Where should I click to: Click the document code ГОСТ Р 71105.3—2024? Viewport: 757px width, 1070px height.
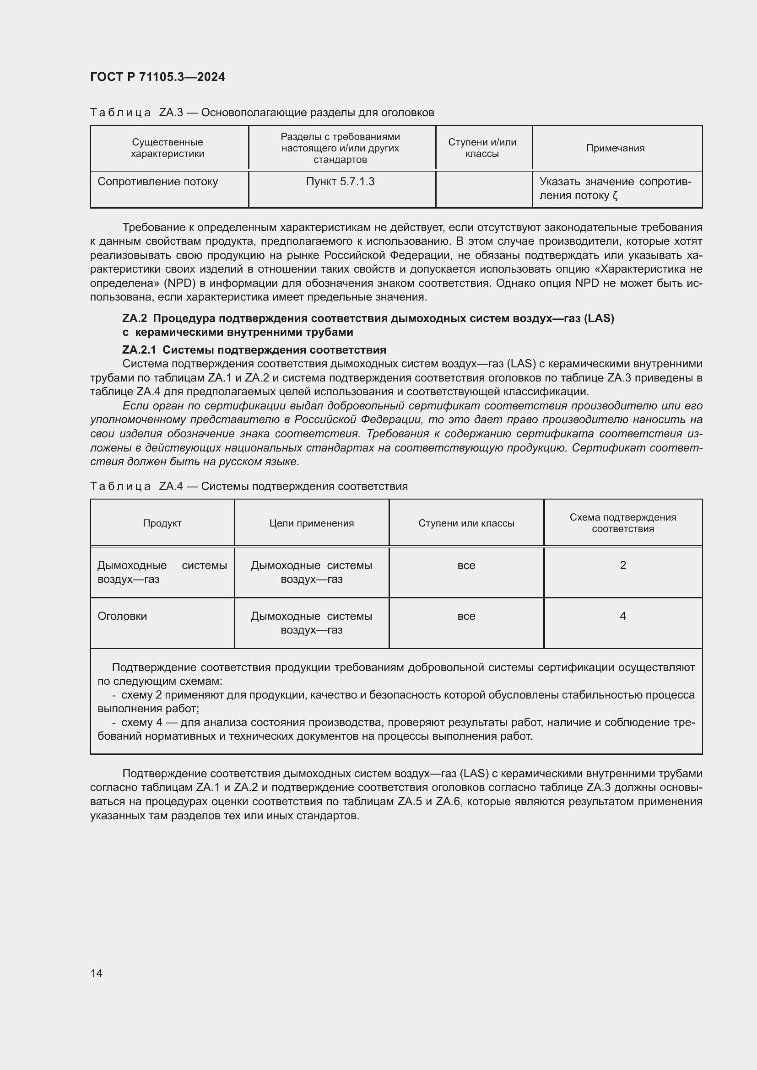point(157,77)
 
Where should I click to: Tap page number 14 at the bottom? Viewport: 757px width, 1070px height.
point(97,973)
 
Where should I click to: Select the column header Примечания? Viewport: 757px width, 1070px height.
point(615,148)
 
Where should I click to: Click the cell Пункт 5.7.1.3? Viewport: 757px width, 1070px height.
point(340,182)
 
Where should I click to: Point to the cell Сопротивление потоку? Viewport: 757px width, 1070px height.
point(157,182)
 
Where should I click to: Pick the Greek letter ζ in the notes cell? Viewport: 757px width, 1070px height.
point(615,196)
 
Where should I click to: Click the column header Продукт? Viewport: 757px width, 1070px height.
point(162,523)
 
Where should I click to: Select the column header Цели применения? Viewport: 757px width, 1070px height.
point(311,523)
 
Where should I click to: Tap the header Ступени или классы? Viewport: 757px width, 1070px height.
point(466,523)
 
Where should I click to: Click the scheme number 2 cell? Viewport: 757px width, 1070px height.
point(623,566)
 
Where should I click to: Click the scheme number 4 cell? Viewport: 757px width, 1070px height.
point(623,617)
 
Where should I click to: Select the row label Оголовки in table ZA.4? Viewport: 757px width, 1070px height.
point(122,617)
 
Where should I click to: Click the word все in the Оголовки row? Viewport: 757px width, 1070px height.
point(466,617)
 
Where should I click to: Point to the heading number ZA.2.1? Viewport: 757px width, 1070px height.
point(140,350)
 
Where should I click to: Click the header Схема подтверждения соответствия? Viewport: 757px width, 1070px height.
point(623,523)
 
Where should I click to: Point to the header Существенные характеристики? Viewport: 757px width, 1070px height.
point(168,148)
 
